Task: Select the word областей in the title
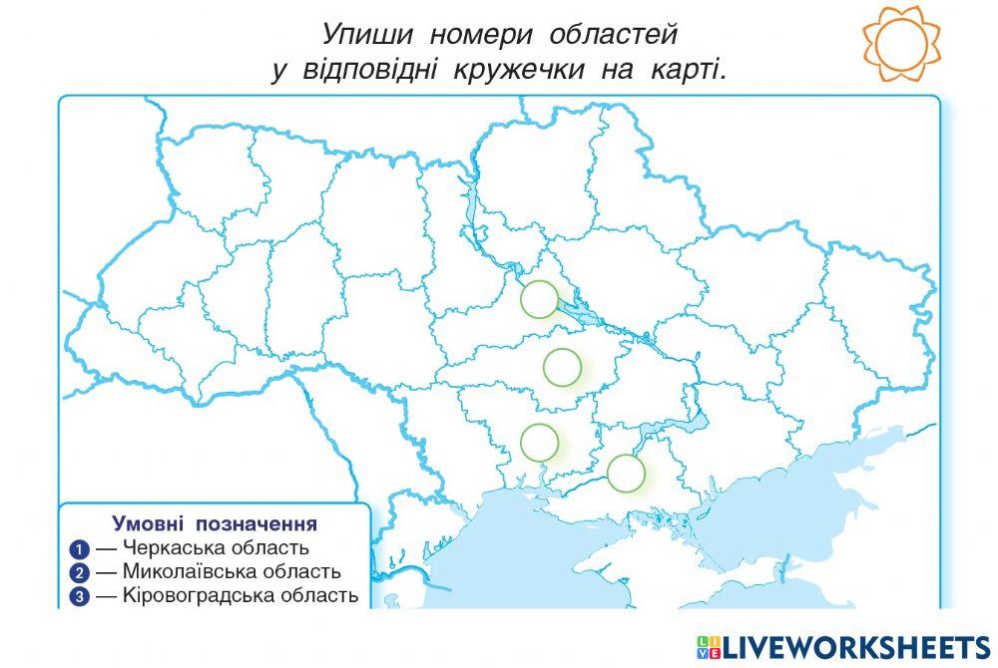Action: click(x=613, y=35)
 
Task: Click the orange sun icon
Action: click(x=901, y=42)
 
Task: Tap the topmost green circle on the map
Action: click(x=540, y=298)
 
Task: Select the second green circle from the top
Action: click(x=563, y=367)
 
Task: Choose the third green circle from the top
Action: click(x=539, y=441)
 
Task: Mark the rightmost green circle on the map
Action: click(x=627, y=473)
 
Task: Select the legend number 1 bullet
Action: click(x=80, y=549)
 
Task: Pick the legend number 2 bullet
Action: click(x=80, y=573)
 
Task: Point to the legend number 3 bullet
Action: click(x=80, y=597)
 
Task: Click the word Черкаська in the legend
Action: click(x=169, y=548)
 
